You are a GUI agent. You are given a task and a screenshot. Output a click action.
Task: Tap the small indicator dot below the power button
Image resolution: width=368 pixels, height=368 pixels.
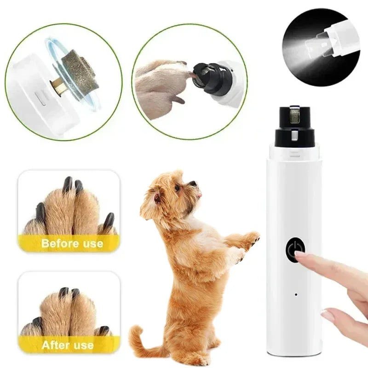click(x=295, y=294)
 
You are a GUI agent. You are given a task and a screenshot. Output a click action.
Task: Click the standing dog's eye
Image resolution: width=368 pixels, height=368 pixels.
click(x=178, y=188)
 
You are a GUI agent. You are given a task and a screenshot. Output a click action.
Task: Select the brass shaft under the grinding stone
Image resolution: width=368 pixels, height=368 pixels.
click(x=58, y=84)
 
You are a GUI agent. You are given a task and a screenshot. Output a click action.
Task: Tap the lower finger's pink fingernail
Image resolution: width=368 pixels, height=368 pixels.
click(x=328, y=316)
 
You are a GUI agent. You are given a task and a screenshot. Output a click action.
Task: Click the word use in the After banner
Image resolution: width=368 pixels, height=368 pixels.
click(x=83, y=345)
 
